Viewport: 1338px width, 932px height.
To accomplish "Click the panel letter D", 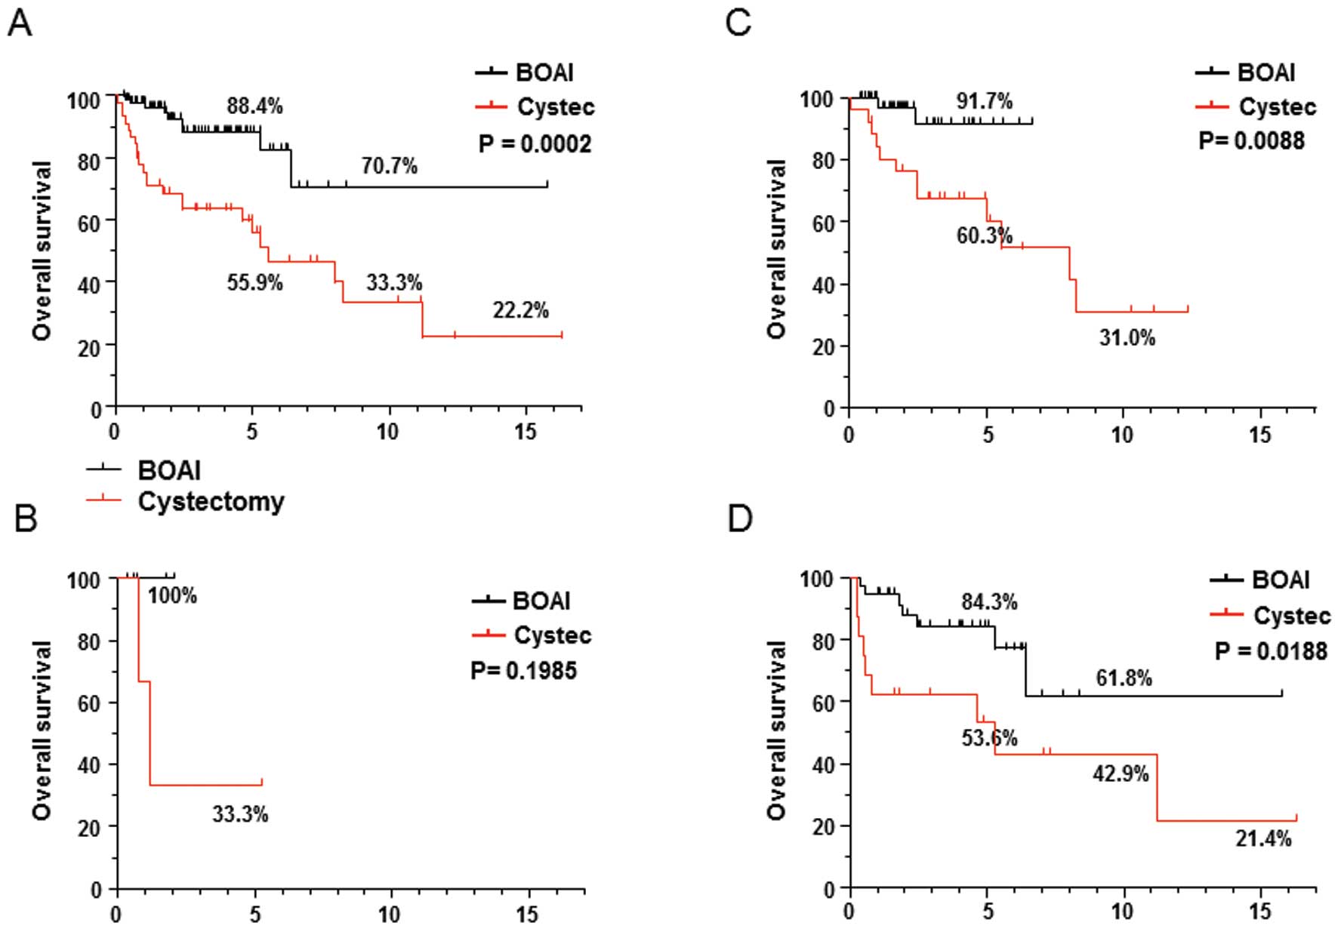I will [739, 518].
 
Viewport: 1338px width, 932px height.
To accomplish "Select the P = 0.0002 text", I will [535, 143].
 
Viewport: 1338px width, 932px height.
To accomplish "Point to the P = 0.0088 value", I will [1251, 140].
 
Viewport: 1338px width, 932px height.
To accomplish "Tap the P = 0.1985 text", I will [523, 670].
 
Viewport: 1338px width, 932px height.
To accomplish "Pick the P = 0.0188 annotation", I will [1271, 651].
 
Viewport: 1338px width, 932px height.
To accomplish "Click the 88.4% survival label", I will [254, 106].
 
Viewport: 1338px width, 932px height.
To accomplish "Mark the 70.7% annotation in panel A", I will [389, 165].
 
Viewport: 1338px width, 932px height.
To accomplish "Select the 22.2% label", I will [520, 309].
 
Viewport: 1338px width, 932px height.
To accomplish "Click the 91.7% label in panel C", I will [984, 101].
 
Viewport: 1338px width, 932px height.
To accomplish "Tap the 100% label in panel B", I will [172, 595].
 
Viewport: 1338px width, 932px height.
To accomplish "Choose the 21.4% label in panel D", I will [1263, 838].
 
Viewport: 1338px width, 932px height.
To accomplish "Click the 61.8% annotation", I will [1124, 678].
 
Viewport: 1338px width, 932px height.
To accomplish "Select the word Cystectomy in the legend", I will [211, 501].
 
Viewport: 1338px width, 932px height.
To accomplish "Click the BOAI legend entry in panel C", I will [1266, 72].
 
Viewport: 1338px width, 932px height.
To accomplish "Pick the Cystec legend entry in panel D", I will [1291, 616].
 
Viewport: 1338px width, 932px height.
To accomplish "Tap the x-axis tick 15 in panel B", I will [527, 915].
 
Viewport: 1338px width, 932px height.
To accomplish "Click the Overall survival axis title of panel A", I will [42, 250].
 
